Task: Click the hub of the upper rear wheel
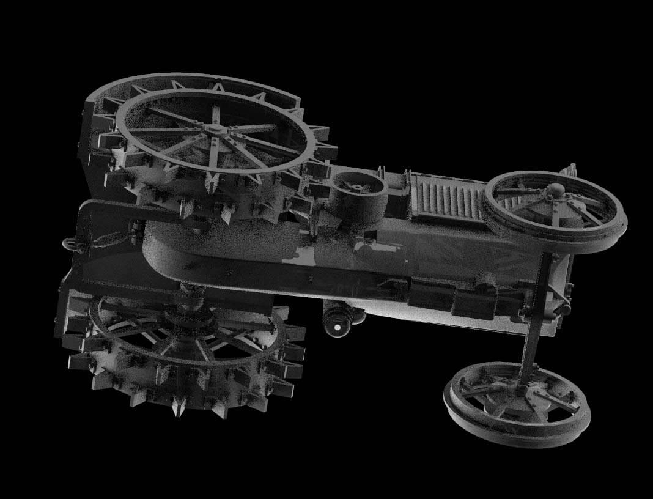(215, 130)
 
